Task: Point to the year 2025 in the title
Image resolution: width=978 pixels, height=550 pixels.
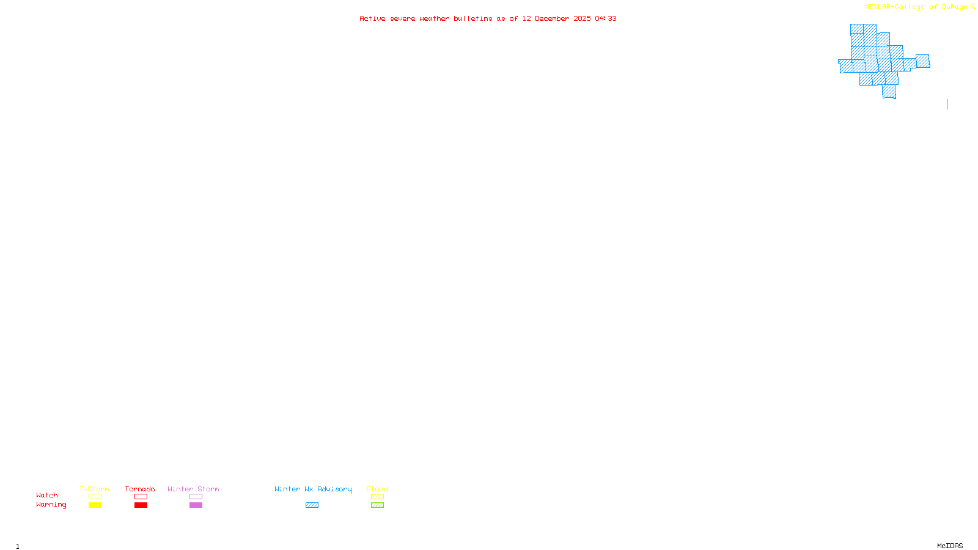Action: coord(582,18)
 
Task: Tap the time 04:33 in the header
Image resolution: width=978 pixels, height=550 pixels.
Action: coord(606,18)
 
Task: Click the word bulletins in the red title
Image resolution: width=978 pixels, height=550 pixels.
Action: coord(473,18)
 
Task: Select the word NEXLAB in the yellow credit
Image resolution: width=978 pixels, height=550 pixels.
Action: coord(878,7)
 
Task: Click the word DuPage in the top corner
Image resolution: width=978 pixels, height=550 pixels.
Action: coord(954,7)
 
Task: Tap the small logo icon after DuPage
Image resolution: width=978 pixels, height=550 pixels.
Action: coord(972,7)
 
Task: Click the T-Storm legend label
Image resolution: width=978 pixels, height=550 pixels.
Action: coord(94,489)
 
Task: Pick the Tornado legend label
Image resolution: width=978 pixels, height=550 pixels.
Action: coord(140,489)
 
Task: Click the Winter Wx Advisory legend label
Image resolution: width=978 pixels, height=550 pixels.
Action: coord(313,489)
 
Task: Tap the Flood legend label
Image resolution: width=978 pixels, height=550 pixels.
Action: coord(377,489)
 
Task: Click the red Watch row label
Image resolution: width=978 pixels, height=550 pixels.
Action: coord(47,495)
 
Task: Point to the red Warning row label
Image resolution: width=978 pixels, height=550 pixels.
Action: coord(51,505)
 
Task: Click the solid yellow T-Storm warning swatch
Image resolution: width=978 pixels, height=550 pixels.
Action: coord(95,505)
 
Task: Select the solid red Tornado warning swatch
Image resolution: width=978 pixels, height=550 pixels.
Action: coord(141,505)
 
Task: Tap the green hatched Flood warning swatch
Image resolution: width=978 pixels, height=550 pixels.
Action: coord(377,505)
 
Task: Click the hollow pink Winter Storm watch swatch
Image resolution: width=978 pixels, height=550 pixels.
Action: coord(196,497)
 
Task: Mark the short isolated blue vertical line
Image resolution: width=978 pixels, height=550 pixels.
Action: coord(947,104)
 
